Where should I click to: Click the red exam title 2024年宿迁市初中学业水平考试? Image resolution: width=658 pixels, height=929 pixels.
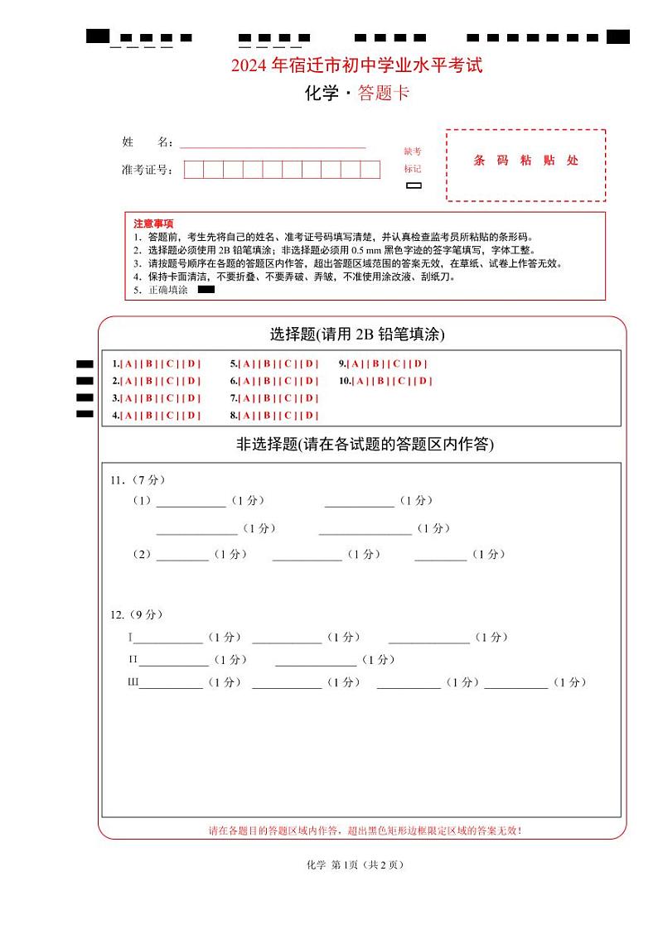356,65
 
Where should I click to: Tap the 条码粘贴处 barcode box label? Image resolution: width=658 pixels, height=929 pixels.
525,161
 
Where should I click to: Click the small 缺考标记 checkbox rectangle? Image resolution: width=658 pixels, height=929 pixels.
414,185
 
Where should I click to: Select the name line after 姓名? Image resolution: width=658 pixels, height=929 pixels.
273,143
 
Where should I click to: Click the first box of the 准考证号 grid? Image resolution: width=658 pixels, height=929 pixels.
193,171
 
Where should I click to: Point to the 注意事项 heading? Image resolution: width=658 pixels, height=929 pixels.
153,224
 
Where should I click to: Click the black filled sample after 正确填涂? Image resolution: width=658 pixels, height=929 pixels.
206,290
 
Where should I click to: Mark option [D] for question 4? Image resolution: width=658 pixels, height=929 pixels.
192,416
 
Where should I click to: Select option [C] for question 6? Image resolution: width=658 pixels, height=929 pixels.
288,381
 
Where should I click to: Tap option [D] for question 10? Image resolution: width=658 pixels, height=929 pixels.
423,381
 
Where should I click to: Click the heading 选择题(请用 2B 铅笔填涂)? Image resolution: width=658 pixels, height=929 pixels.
357,335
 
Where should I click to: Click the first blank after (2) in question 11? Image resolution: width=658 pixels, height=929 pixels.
182,556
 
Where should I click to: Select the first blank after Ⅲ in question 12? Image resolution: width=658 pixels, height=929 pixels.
171,683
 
